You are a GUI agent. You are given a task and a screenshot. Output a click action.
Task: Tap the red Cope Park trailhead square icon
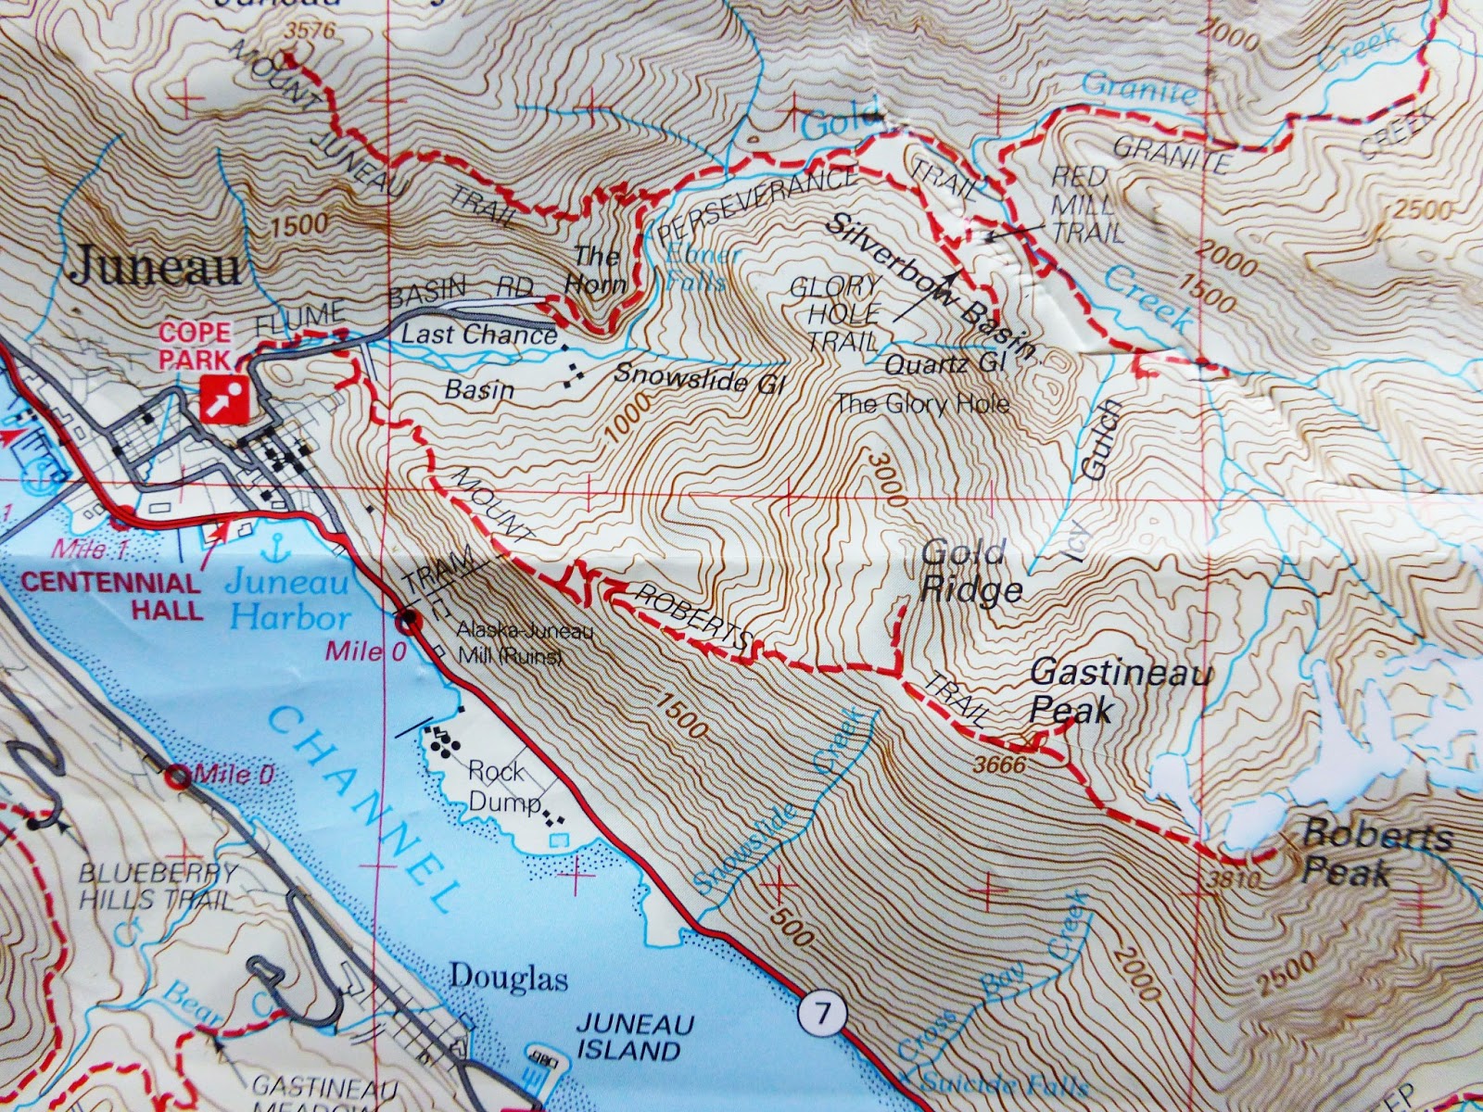point(224,399)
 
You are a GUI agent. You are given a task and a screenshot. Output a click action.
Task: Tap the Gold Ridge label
point(970,572)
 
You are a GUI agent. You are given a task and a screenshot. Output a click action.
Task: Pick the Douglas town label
point(508,979)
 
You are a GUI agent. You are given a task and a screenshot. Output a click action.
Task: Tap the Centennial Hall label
point(111,597)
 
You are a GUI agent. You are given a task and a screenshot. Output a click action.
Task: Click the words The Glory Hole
point(921,404)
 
